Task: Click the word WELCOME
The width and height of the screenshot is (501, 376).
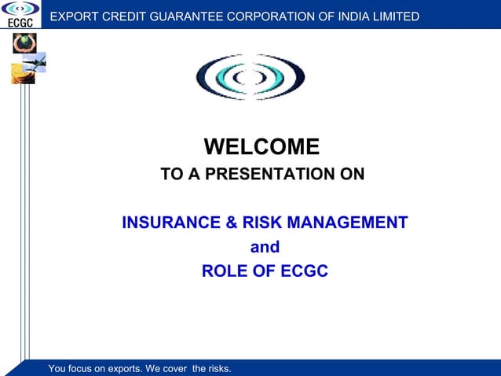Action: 261,147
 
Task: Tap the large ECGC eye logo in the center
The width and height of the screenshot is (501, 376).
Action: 250,76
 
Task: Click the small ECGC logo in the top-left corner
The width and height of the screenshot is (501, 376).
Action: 20,13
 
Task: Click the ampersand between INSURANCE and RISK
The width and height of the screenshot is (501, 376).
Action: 232,223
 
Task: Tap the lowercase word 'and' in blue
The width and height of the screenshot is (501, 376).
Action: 264,247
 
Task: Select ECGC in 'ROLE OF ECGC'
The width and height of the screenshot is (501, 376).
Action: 303,271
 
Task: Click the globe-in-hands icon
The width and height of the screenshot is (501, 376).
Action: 24,43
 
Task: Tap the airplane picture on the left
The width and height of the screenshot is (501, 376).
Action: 35,61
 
